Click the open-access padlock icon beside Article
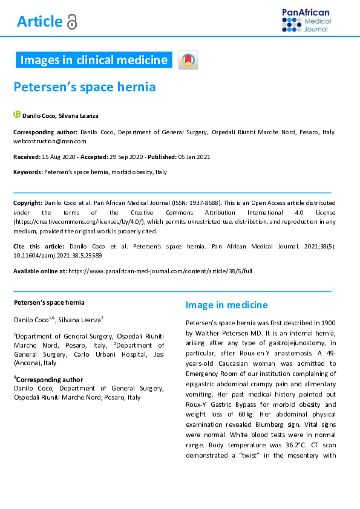(72, 22)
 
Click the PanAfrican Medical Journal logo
(306, 21)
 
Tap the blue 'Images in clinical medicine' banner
(94, 60)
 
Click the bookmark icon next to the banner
(188, 60)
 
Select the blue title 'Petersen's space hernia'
(85, 87)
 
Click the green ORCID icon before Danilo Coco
(17, 114)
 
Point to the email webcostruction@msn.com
(50, 141)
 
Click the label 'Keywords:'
(28, 172)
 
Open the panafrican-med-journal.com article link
(160, 271)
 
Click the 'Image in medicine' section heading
(226, 305)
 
